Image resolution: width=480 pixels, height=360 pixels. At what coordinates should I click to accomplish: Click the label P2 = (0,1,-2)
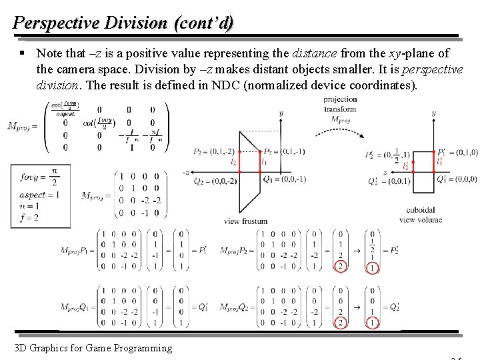coord(212,152)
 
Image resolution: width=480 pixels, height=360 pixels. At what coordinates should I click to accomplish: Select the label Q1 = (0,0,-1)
coord(284,179)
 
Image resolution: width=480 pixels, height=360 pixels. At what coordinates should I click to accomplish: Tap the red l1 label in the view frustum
coord(264,162)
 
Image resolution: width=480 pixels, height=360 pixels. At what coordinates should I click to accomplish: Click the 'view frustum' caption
coord(246,221)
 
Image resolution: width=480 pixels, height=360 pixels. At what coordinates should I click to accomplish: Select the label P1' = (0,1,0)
coord(457,153)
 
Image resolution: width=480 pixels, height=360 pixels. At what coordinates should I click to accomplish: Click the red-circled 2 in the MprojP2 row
coord(341,267)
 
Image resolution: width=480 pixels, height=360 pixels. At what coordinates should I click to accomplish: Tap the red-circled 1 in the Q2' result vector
coord(372,323)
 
